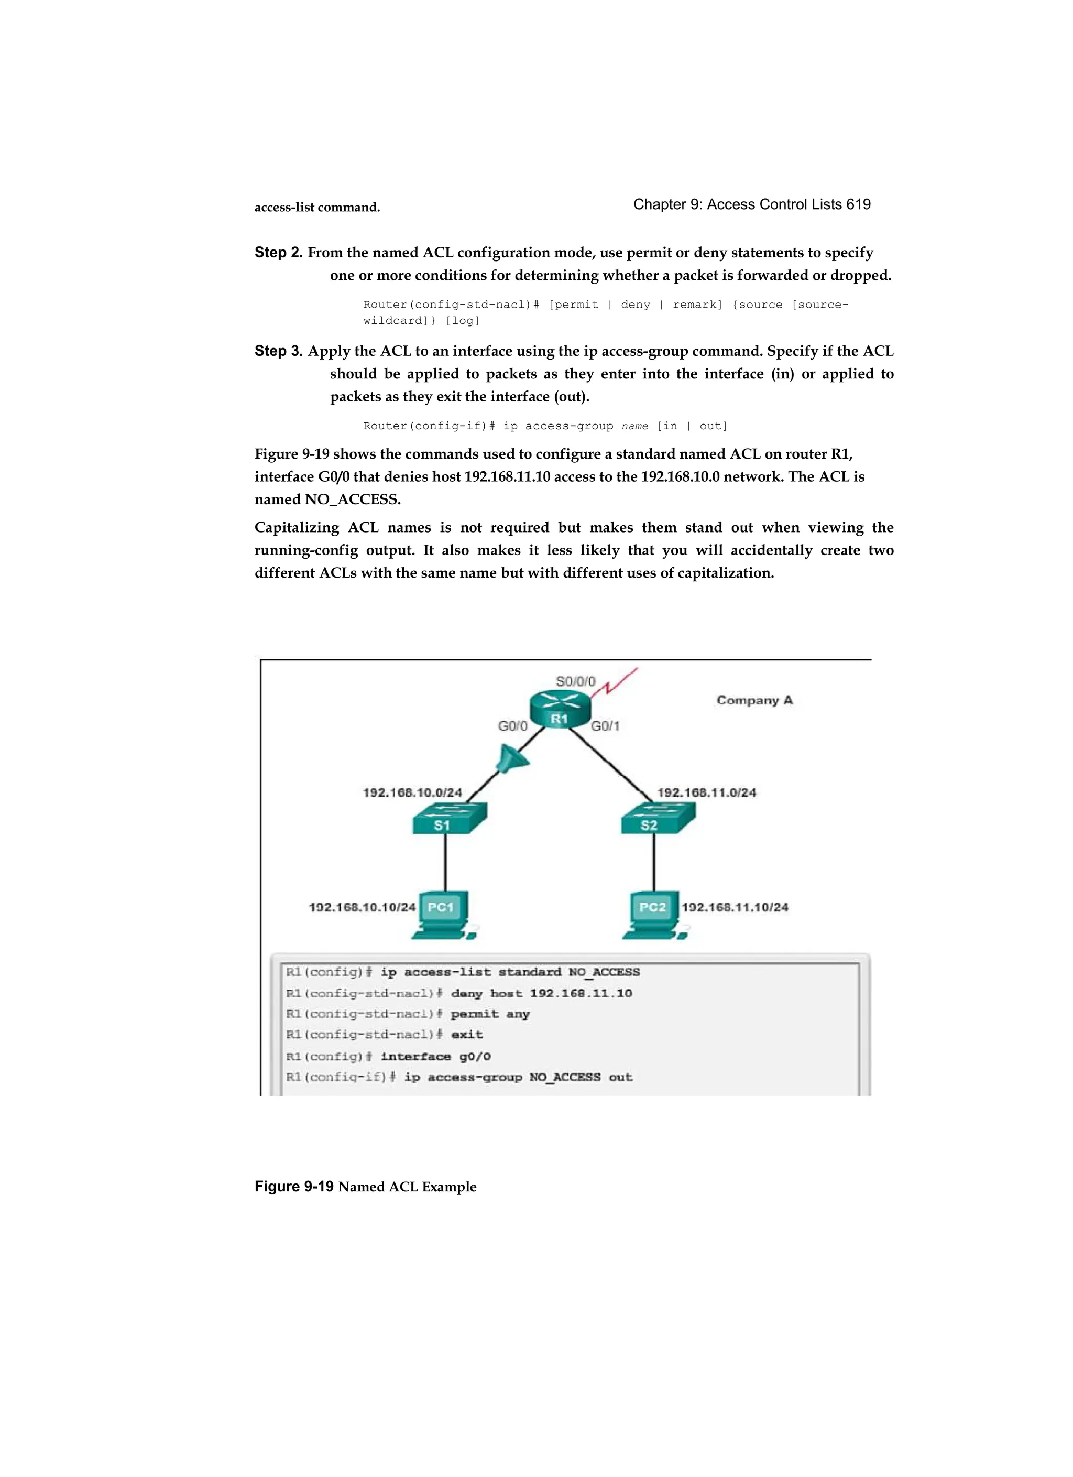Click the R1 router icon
pos(559,708)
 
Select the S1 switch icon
pos(448,818)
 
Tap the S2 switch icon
pos(657,818)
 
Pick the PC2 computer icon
pos(653,914)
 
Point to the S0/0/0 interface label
pos(575,681)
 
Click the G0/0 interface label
pos(512,726)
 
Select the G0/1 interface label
pos(605,726)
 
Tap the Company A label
pos(754,700)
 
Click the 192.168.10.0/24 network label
pos(412,792)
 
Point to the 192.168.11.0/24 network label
pos(706,792)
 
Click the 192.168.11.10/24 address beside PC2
pos(735,907)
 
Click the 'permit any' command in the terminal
pos(490,1014)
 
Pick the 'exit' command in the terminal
pos(467,1035)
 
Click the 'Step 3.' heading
pos(278,351)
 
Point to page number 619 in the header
pos(858,204)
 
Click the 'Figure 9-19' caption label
pos(293,1187)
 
